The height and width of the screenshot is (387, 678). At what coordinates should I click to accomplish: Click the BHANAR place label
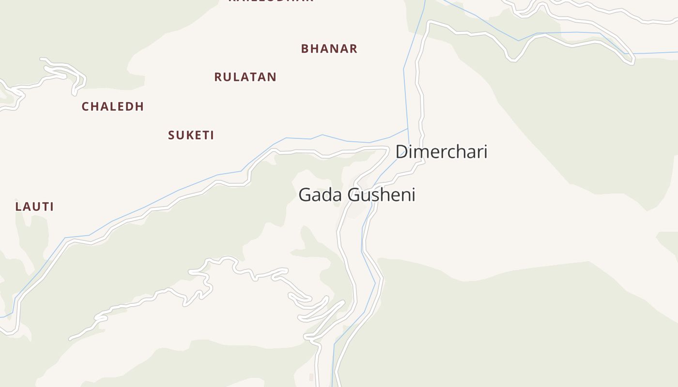coord(329,49)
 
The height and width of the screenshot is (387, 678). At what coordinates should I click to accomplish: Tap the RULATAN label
coord(245,77)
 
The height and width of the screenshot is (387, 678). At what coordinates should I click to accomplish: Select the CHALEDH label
coord(113,106)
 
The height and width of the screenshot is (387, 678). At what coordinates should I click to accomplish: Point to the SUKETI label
coord(191,135)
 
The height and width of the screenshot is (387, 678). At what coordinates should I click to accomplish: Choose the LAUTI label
coord(34,207)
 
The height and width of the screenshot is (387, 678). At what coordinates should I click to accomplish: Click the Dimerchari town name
coord(441,152)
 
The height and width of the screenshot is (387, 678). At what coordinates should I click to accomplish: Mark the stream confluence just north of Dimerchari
coord(408,129)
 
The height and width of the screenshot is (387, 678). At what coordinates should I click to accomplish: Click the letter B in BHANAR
coord(305,49)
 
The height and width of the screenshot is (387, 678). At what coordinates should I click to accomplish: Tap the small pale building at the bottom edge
coord(311,377)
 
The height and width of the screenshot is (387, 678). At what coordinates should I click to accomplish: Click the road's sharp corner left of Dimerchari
coord(388,148)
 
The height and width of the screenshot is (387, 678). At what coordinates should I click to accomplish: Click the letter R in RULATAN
coord(218,77)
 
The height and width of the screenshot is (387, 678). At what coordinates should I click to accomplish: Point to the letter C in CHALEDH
coord(85,106)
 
